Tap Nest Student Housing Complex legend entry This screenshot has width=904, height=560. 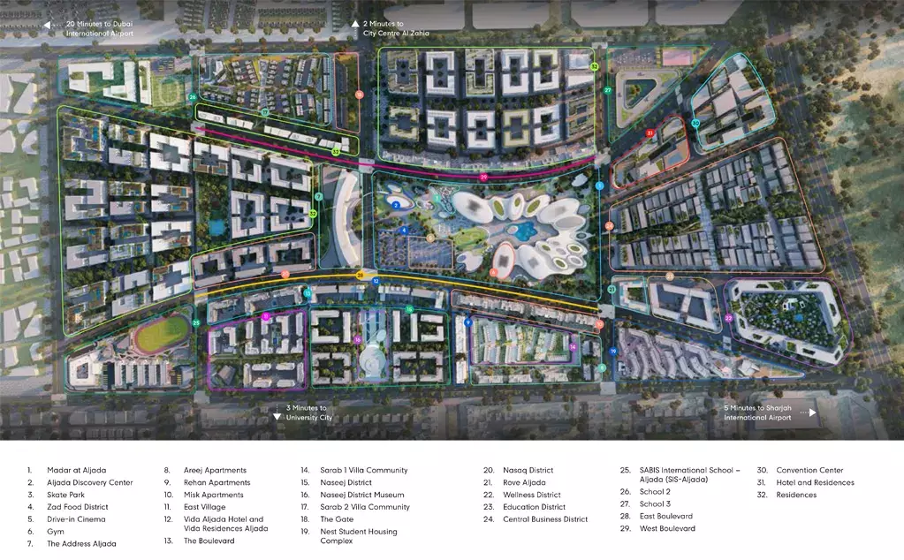pyautogui.click(x=359, y=536)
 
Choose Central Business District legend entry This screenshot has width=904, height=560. pyautogui.click(x=545, y=519)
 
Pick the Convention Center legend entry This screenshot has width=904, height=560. pyautogui.click(x=810, y=471)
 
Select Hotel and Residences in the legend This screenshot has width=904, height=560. pyautogui.click(x=816, y=483)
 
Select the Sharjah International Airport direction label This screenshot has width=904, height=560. pyautogui.click(x=758, y=412)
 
